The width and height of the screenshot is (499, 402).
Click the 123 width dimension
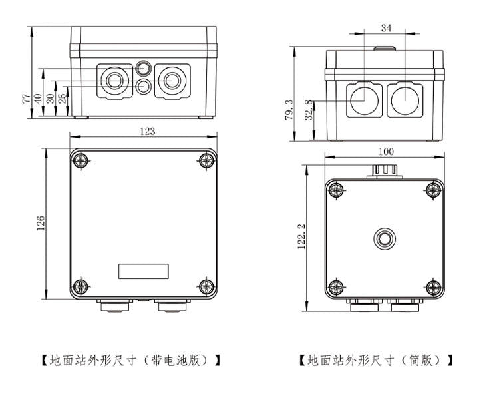147,131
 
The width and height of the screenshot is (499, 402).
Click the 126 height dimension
41,224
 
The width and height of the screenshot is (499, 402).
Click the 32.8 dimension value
308,110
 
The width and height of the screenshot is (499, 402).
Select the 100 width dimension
386,152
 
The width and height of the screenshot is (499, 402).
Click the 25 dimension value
62,98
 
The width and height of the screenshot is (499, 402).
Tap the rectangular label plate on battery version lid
143,271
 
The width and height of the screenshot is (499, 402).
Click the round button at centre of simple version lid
384,238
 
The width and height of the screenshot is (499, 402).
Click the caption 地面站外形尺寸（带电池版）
131,361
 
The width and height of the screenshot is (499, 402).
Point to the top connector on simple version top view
384,171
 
